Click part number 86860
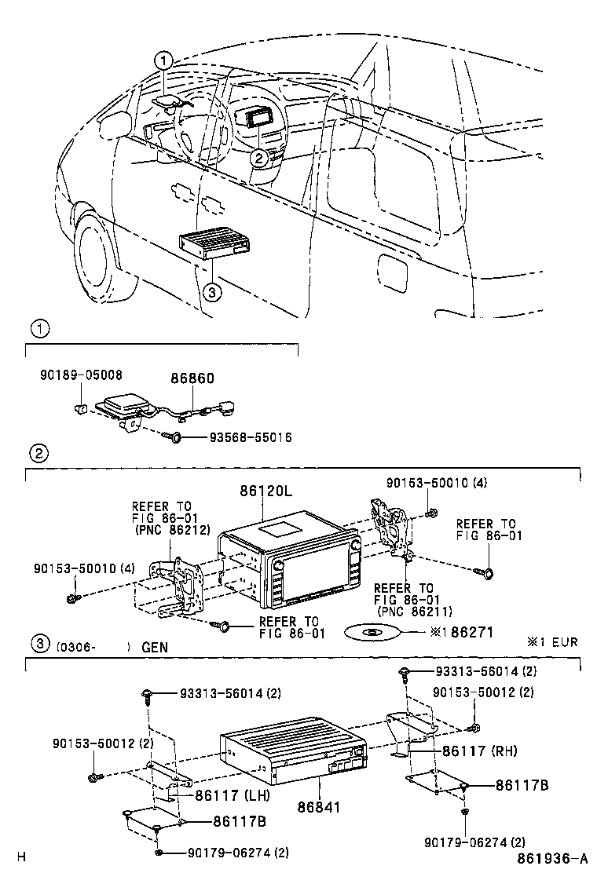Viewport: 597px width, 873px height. (192, 378)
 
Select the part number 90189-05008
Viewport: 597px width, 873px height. (81, 376)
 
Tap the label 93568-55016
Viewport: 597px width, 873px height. (250, 437)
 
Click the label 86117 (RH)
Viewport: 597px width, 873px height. (479, 751)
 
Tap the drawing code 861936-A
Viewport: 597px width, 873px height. (552, 858)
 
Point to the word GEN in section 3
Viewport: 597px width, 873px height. (155, 648)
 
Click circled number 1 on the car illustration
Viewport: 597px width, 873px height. (162, 60)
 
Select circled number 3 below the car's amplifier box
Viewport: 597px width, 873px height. (210, 291)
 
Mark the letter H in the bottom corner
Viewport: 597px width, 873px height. (21, 857)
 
